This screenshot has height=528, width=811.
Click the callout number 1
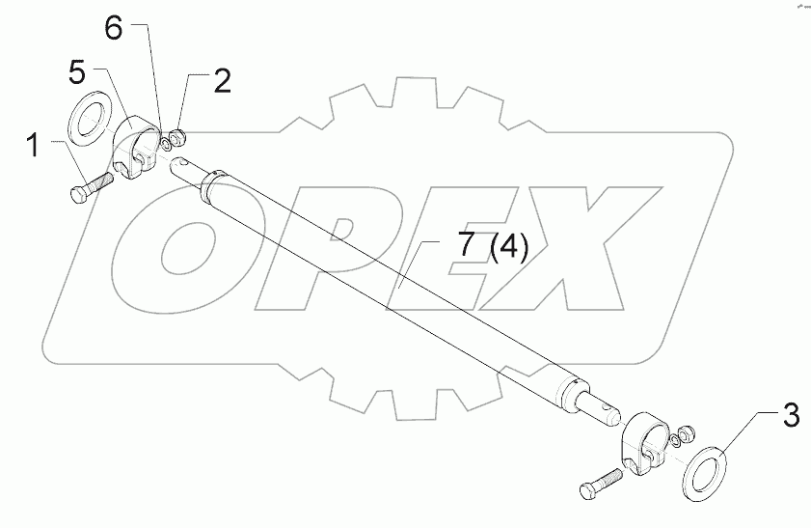tap(33, 147)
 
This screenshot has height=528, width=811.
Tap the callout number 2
tap(222, 82)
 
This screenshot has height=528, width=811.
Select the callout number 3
tap(790, 419)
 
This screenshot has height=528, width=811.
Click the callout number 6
tap(114, 29)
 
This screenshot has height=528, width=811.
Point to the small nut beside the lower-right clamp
tap(688, 433)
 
